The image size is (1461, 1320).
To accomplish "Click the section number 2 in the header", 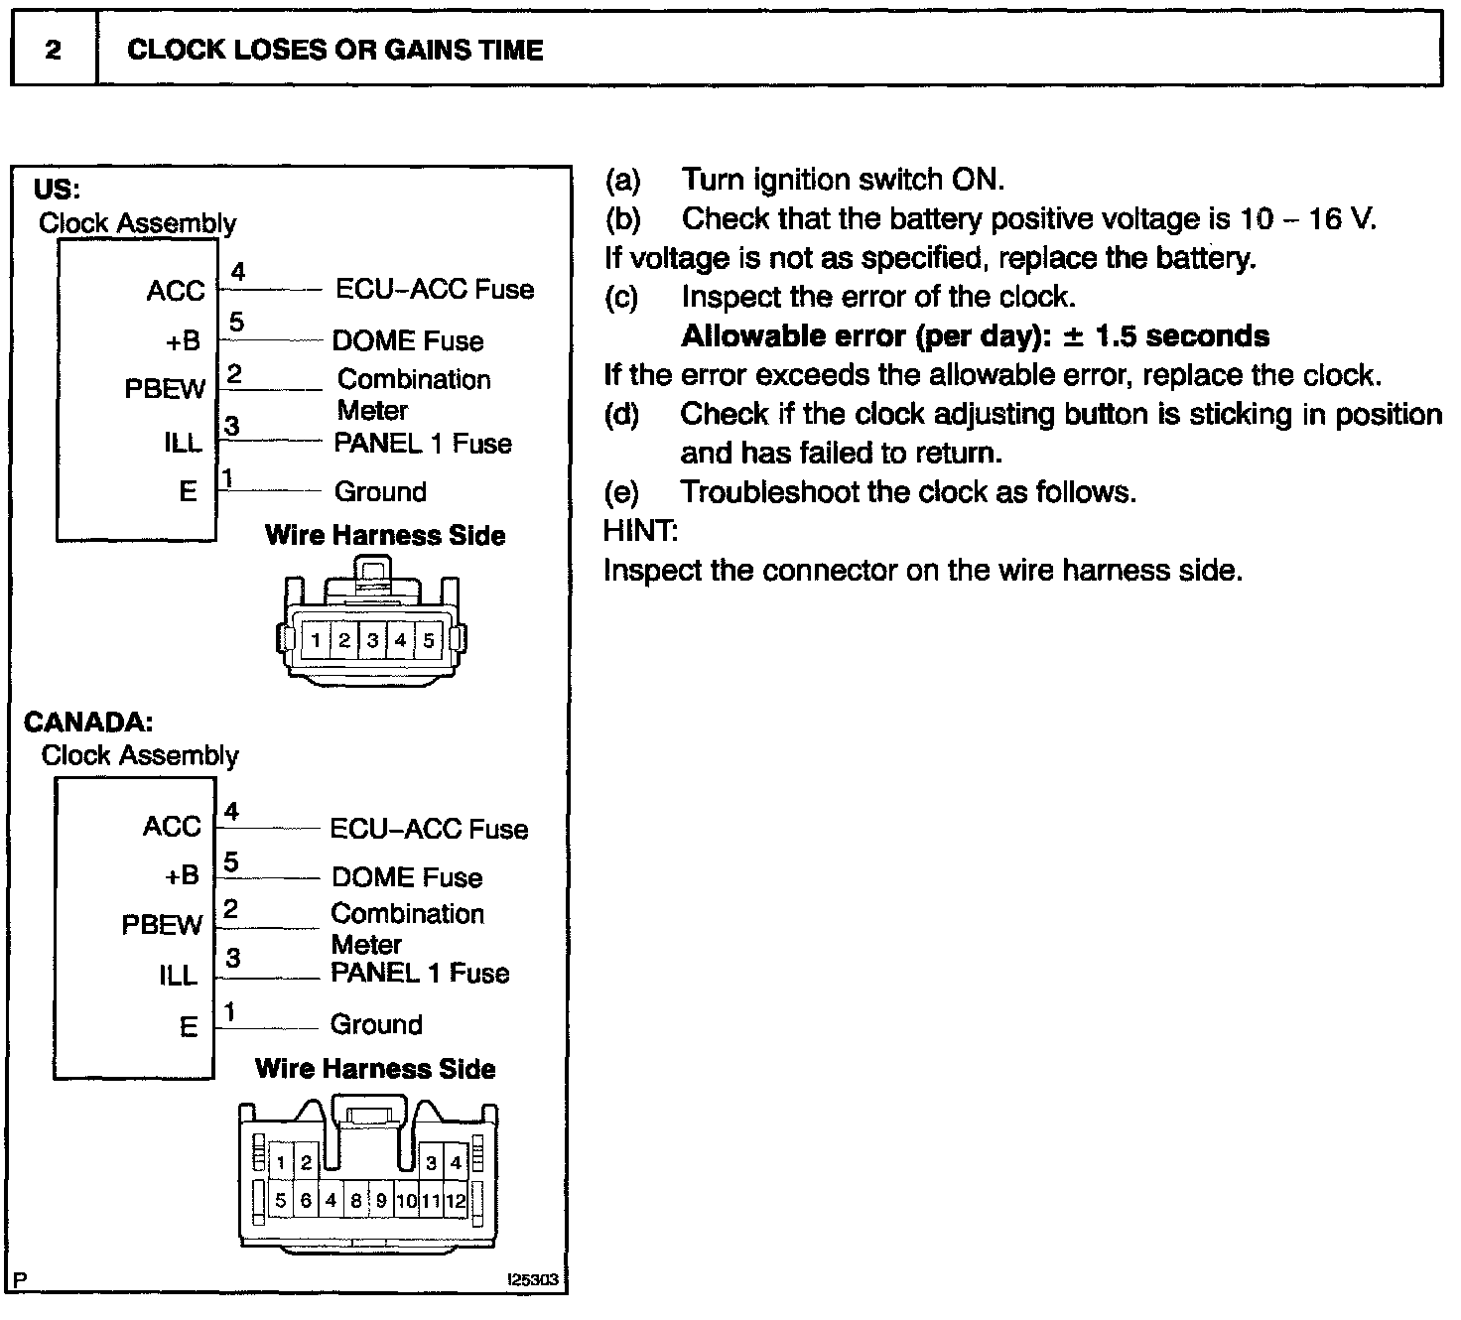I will [54, 50].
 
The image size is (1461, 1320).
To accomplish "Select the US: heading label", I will [57, 189].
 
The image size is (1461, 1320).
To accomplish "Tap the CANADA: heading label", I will [88, 722].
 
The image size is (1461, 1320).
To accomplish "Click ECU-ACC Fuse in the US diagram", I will [435, 289].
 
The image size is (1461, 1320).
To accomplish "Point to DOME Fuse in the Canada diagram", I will [407, 877].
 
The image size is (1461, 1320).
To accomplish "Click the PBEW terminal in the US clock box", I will [165, 389].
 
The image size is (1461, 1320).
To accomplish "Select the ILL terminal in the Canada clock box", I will [179, 977].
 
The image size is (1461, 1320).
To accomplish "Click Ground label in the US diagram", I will [380, 491].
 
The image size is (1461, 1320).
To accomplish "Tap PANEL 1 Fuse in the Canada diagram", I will [420, 973].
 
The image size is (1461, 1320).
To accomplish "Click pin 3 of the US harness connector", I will [372, 640].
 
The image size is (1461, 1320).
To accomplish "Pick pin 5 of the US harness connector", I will [429, 640].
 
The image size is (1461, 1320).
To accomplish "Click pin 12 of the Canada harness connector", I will [455, 1201].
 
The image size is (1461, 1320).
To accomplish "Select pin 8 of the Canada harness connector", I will [356, 1201].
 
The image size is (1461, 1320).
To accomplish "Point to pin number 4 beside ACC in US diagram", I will [237, 271].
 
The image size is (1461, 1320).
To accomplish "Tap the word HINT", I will [640, 531].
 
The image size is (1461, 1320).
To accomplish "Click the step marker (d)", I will [622, 414].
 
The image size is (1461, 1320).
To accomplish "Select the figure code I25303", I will [534, 1280].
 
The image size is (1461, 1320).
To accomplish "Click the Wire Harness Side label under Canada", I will [375, 1069].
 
